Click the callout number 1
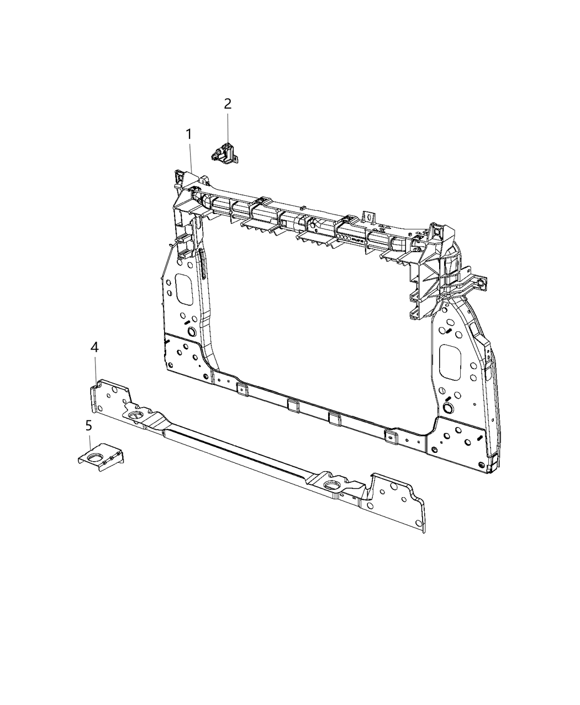(188, 134)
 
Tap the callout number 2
(227, 103)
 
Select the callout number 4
(94, 347)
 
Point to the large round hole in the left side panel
(192, 332)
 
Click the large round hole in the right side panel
(447, 408)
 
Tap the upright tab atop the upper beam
(368, 215)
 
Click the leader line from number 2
(227, 127)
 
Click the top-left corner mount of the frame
(181, 177)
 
